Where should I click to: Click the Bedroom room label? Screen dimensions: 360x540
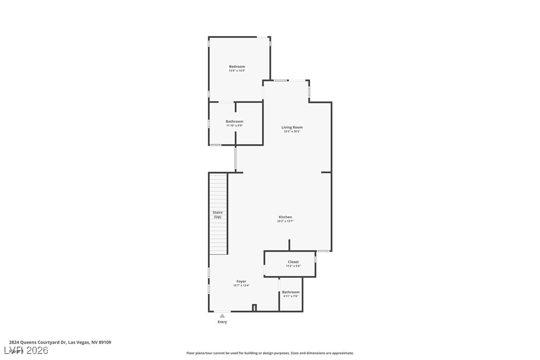click(x=237, y=67)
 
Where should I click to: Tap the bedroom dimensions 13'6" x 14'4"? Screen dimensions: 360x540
click(x=237, y=71)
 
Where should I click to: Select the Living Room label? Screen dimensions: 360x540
click(x=292, y=127)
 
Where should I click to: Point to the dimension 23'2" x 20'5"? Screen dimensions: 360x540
click(x=292, y=131)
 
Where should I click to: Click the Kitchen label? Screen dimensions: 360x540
click(x=285, y=217)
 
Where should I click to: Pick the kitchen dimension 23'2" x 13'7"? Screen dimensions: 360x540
click(x=285, y=221)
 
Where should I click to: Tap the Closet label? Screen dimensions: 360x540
click(x=293, y=262)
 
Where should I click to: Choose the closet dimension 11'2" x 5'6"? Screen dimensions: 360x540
click(x=293, y=266)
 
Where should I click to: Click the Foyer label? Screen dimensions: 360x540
click(x=241, y=281)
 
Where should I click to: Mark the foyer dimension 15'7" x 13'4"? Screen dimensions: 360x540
click(x=241, y=285)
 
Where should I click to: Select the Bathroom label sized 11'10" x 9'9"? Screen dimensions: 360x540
click(x=234, y=121)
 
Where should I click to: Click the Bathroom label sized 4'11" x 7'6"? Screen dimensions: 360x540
click(x=291, y=292)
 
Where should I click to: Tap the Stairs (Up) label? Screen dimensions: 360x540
click(x=217, y=215)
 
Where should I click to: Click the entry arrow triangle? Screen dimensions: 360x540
click(x=222, y=316)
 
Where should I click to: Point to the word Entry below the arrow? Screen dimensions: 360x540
click(x=222, y=322)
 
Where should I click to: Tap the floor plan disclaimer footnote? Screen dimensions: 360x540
click(x=270, y=353)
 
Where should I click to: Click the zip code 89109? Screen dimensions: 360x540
click(x=104, y=342)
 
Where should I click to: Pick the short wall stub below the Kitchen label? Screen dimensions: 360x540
click(x=289, y=245)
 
